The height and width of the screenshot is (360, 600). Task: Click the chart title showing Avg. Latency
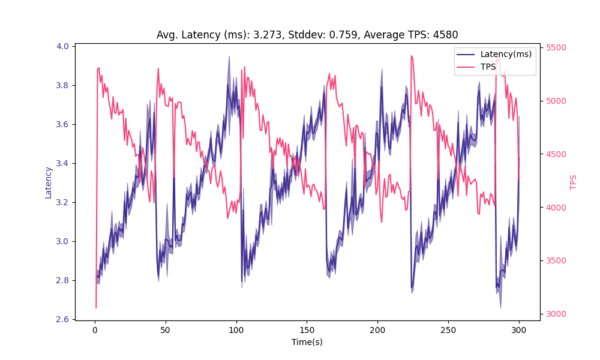click(307, 35)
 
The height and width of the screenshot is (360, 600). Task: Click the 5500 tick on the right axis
click(556, 48)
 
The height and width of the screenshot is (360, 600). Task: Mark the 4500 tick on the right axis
click(556, 154)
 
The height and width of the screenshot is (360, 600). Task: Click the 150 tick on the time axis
click(307, 329)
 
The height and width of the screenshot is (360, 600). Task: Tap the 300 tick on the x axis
click(519, 329)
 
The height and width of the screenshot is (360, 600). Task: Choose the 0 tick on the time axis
click(95, 329)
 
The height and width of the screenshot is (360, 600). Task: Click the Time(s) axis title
click(307, 341)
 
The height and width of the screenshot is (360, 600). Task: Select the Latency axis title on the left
click(49, 182)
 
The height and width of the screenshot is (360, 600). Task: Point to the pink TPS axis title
click(574, 182)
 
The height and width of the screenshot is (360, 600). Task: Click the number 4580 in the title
click(446, 35)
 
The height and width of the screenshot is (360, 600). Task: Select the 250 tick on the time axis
click(448, 329)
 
